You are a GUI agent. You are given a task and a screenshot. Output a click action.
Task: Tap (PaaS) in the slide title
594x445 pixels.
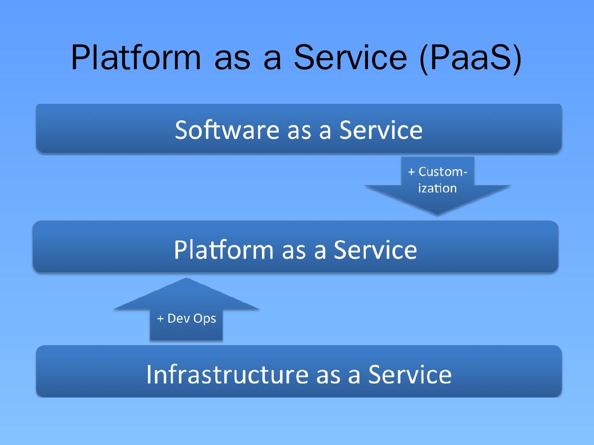point(470,58)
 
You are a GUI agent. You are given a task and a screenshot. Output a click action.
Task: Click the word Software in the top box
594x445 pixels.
point(227,130)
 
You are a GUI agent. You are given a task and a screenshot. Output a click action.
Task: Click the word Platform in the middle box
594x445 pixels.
point(223,250)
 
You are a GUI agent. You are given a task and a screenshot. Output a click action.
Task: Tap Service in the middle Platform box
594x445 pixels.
point(375,250)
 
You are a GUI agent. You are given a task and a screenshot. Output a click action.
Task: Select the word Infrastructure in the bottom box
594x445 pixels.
point(227,374)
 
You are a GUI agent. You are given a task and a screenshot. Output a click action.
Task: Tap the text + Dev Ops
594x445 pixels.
point(186,319)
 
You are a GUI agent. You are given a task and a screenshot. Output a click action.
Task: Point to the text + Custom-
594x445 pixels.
point(438,171)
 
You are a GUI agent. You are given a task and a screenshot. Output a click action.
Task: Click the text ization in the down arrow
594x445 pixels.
point(437,188)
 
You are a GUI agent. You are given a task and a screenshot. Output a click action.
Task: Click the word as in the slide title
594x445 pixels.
point(232,58)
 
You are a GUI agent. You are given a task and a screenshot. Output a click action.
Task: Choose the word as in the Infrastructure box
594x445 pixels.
point(328,375)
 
